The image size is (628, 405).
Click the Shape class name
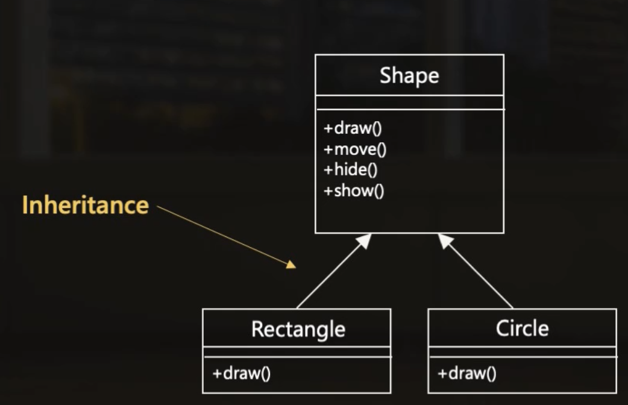[x=409, y=76]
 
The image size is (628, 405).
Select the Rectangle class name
[x=298, y=329]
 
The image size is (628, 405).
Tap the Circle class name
[x=522, y=328]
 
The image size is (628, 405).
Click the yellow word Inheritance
[x=85, y=206]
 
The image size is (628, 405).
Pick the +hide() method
[x=351, y=170]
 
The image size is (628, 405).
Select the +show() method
[x=354, y=191]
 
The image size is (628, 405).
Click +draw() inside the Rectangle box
[x=241, y=373]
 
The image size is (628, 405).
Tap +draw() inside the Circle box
[x=467, y=373]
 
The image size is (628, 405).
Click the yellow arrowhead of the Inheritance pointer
[x=291, y=264]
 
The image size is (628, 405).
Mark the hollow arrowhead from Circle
[x=445, y=241]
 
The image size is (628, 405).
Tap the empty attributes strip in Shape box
[x=409, y=102]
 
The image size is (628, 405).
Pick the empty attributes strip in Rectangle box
[x=297, y=352]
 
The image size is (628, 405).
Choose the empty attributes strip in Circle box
[x=522, y=352]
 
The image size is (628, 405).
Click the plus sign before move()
[x=328, y=149]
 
